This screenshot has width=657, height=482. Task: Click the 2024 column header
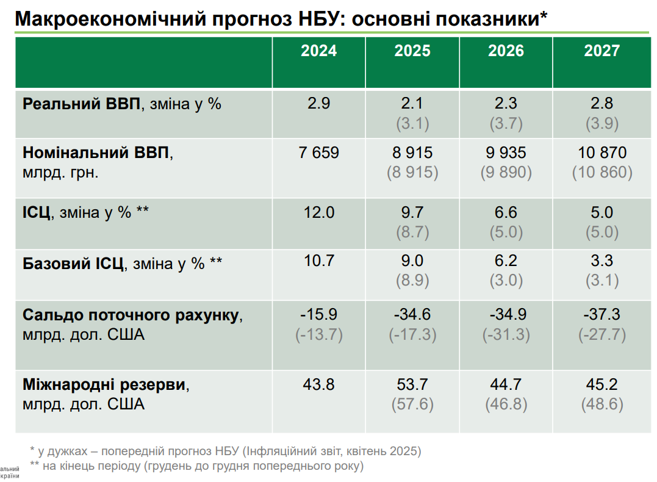pos(318,51)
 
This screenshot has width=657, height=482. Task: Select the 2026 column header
pos(506,51)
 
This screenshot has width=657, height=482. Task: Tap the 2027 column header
pos(601,51)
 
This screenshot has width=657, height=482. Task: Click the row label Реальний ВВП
pos(81,104)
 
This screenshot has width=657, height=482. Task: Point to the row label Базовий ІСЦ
pos(73,264)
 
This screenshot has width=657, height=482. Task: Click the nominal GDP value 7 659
pos(319,153)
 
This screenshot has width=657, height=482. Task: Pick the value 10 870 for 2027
pos(602,153)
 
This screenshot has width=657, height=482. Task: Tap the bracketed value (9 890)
pos(506,172)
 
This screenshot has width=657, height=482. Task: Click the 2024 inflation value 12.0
pos(319,213)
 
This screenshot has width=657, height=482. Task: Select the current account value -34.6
pos(412,315)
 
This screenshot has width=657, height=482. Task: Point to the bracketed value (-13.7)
pos(319,334)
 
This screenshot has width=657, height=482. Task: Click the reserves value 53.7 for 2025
pos(412,385)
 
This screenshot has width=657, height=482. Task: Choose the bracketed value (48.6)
pos(602,404)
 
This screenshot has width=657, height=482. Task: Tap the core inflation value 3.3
pos(602,261)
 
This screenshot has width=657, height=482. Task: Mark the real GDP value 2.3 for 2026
pos(506,104)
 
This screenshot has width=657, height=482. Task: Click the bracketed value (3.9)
pos(602,123)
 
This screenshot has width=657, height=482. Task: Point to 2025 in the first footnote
pos(406,451)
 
